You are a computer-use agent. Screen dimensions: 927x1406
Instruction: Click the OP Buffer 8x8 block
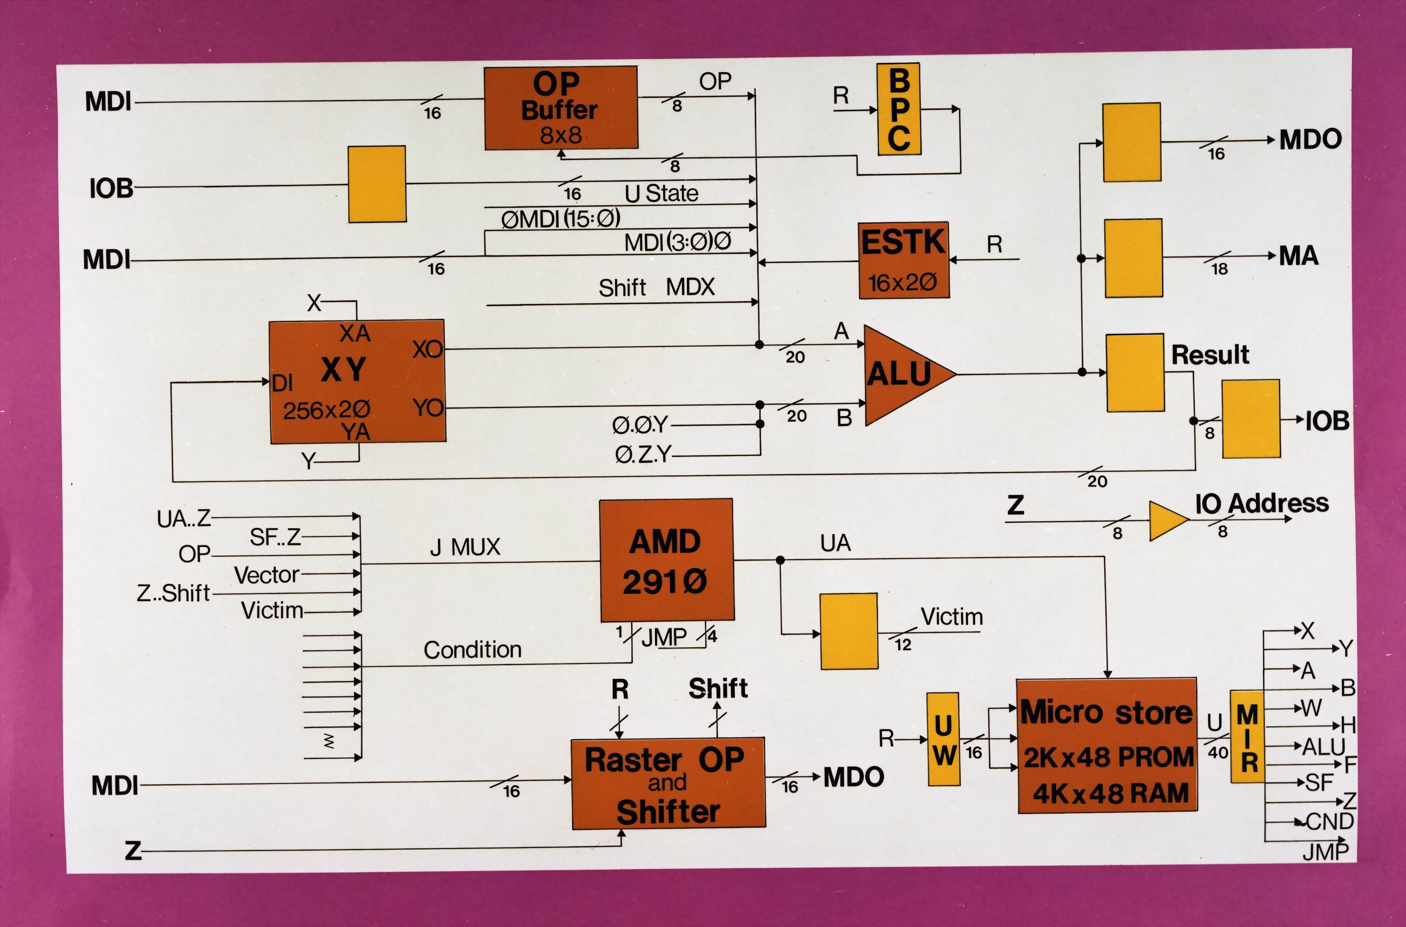pyautogui.click(x=560, y=108)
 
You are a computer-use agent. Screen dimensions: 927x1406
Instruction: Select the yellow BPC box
pyautogui.click(x=898, y=109)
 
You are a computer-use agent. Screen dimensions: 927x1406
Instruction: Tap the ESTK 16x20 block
pyautogui.click(x=904, y=260)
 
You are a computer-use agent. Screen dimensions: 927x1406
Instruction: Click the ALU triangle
pyautogui.click(x=901, y=374)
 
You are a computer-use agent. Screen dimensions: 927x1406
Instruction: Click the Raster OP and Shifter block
pyautogui.click(x=668, y=783)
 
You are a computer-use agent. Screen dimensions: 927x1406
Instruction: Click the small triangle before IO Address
pyautogui.click(x=1166, y=521)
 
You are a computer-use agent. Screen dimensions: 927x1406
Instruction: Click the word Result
pyautogui.click(x=1210, y=355)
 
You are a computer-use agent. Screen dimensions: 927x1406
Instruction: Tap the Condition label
pyautogui.click(x=472, y=650)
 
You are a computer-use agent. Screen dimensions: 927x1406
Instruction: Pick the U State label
pyautogui.click(x=661, y=193)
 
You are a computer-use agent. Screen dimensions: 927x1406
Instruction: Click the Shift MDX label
pyautogui.click(x=656, y=288)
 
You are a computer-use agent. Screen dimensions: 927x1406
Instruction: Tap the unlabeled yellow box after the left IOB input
pyautogui.click(x=376, y=184)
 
